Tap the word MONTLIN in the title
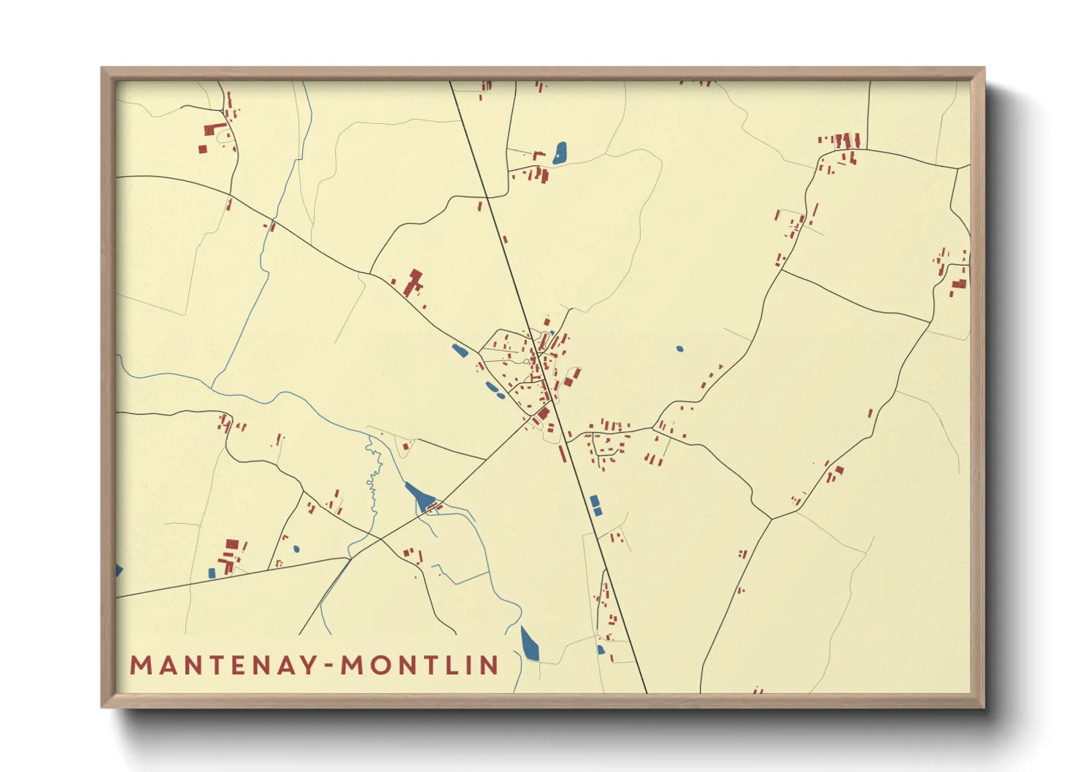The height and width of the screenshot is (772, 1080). pyautogui.click(x=420, y=665)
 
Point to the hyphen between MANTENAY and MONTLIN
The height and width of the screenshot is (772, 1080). pyautogui.click(x=329, y=665)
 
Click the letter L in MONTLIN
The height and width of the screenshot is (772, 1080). pyautogui.click(x=455, y=665)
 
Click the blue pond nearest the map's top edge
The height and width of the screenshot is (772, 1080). pyautogui.click(x=560, y=152)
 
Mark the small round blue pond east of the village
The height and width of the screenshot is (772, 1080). pyautogui.click(x=679, y=349)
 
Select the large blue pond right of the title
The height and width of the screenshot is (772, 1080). pyautogui.click(x=530, y=644)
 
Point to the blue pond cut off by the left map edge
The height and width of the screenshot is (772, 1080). pyautogui.click(x=119, y=569)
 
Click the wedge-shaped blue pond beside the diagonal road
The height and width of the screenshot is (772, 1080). pyautogui.click(x=419, y=496)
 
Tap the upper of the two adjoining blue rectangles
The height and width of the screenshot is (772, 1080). pyautogui.click(x=595, y=501)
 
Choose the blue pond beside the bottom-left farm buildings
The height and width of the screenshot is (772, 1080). pyautogui.click(x=212, y=573)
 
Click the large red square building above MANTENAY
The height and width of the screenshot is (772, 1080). pyautogui.click(x=232, y=544)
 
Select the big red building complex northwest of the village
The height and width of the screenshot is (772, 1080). pyautogui.click(x=413, y=282)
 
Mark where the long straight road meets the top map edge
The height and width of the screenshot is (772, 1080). pyautogui.click(x=450, y=82)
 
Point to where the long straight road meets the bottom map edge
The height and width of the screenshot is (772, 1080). pyautogui.click(x=646, y=692)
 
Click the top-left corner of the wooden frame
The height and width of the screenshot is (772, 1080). pyautogui.click(x=102, y=69)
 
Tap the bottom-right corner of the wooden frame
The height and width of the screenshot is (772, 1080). pyautogui.click(x=984, y=706)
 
